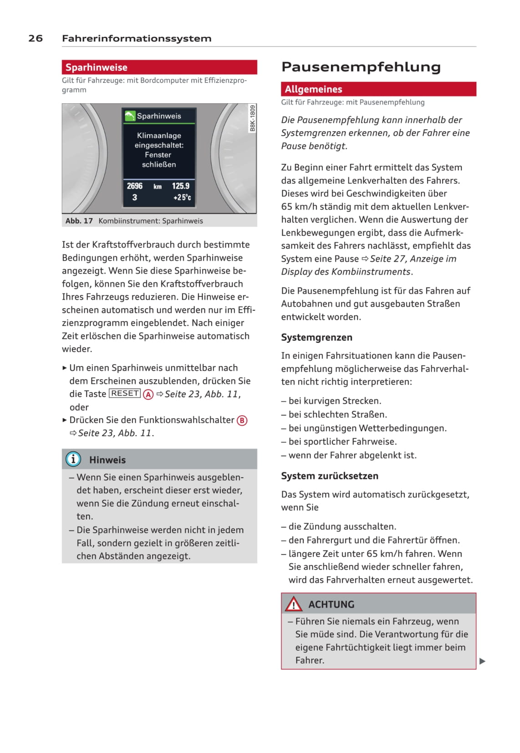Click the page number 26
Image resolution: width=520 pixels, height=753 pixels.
(x=36, y=38)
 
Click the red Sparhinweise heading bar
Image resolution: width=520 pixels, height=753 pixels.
(x=159, y=67)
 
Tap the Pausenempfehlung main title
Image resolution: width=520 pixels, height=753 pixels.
(x=361, y=67)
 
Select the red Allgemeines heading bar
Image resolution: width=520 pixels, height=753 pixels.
(x=378, y=89)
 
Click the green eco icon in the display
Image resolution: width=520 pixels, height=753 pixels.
(x=130, y=116)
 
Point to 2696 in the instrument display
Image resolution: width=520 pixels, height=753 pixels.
(x=134, y=186)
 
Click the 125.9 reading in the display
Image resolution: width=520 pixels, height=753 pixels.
(x=181, y=186)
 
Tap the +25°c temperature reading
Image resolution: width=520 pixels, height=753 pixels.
(x=182, y=198)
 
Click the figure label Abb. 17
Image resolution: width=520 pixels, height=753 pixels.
(x=79, y=221)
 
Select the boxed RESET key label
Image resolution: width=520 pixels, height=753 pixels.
(x=125, y=393)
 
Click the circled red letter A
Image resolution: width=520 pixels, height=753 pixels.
(x=148, y=394)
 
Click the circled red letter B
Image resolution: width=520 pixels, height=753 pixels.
(x=242, y=420)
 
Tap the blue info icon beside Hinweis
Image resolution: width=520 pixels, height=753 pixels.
(x=73, y=459)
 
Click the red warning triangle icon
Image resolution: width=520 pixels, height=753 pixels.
(x=293, y=604)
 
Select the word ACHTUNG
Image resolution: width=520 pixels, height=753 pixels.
(x=331, y=605)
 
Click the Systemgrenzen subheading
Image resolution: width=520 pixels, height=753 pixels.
(x=316, y=337)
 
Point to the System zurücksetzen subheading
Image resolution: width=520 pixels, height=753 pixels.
(x=329, y=476)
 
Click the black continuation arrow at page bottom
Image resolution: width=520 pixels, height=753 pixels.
(x=483, y=661)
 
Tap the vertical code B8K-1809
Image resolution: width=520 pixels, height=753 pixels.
(x=252, y=118)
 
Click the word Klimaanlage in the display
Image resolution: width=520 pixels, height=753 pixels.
(x=159, y=135)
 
